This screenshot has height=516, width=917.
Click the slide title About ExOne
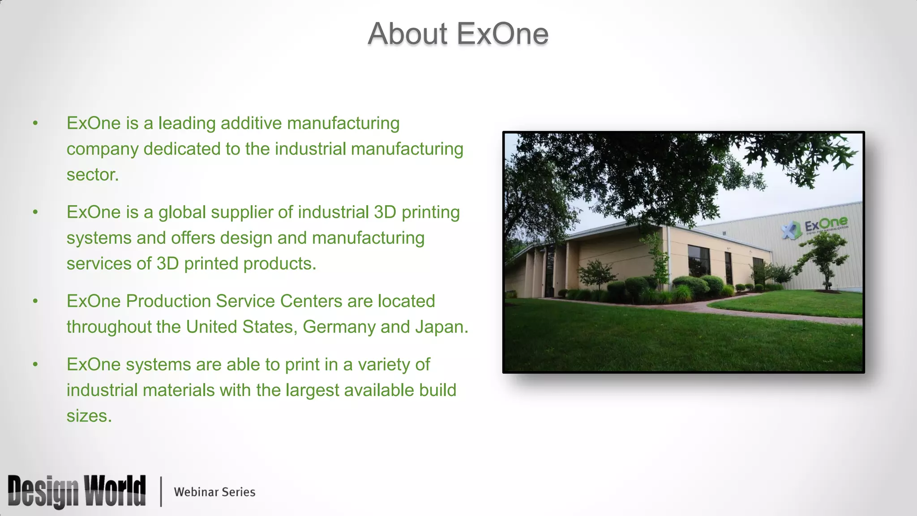[x=458, y=34]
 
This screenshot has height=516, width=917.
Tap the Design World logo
[x=77, y=491]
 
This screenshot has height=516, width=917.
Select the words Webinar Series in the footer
[x=214, y=492]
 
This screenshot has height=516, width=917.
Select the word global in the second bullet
[x=182, y=213]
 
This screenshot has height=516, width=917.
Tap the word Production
[x=168, y=301]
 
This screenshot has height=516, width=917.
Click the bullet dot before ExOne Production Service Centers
[x=35, y=301]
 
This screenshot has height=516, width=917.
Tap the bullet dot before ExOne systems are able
[x=35, y=365]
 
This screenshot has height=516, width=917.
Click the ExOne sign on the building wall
[x=815, y=227]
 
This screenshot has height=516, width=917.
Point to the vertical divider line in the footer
[x=161, y=491]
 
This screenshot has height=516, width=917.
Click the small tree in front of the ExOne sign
[x=822, y=260]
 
